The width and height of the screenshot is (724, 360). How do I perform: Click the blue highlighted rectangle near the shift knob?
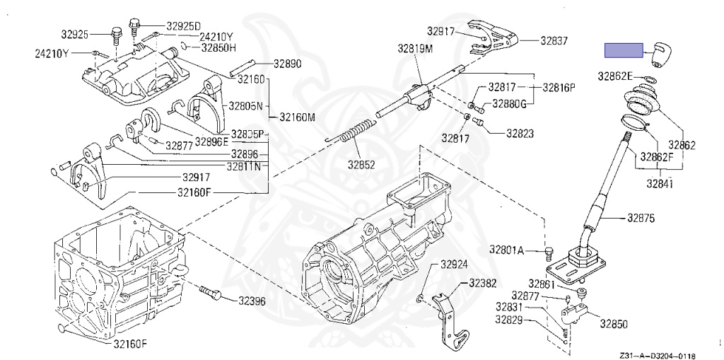pyautogui.click(x=623, y=51)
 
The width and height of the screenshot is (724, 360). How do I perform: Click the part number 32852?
pyautogui.click(x=361, y=164)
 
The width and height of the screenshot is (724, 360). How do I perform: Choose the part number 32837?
pyautogui.click(x=554, y=41)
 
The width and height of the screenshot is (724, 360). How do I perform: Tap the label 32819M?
pyautogui.click(x=415, y=49)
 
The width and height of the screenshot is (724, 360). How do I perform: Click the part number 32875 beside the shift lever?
pyautogui.click(x=641, y=219)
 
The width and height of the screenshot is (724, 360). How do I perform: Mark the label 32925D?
pyautogui.click(x=184, y=25)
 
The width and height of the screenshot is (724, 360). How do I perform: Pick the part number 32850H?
pyautogui.click(x=218, y=48)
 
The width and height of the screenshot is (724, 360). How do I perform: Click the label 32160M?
pyautogui.click(x=297, y=117)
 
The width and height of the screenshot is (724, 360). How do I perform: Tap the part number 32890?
pyautogui.click(x=288, y=64)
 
